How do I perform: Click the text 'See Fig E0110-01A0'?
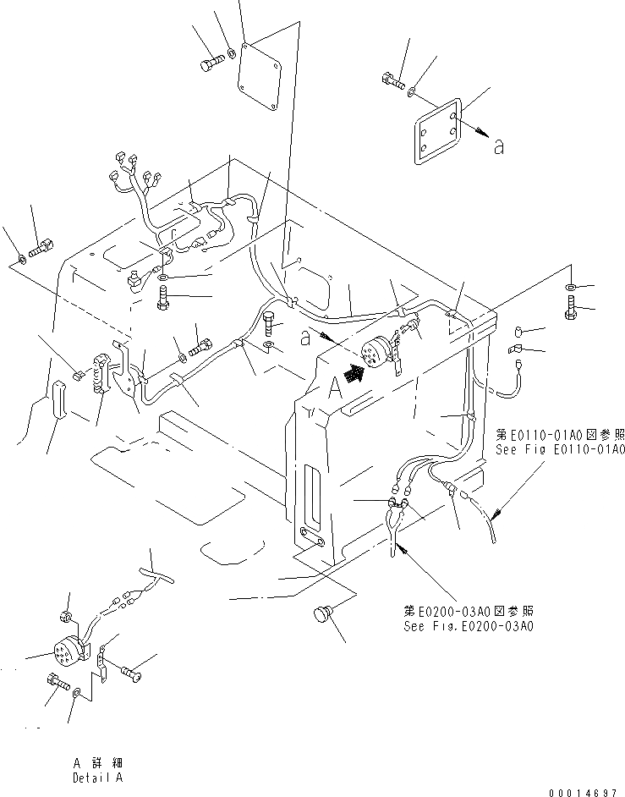[x=560, y=449]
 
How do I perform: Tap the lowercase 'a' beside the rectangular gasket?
[x=498, y=147]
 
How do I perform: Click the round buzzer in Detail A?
[x=65, y=651]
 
